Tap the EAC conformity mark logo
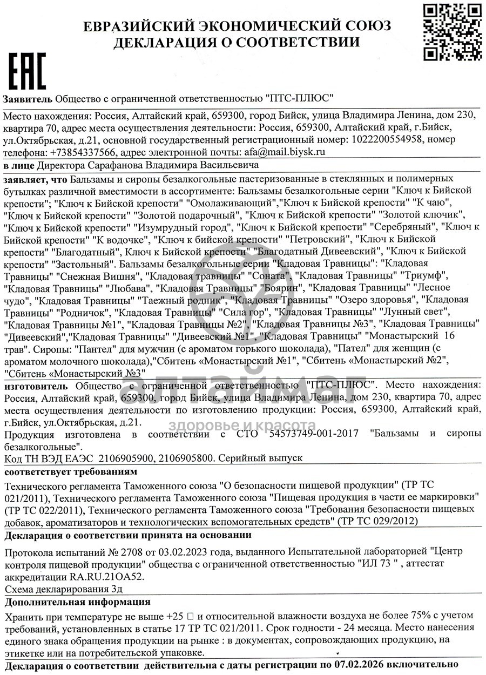26,71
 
